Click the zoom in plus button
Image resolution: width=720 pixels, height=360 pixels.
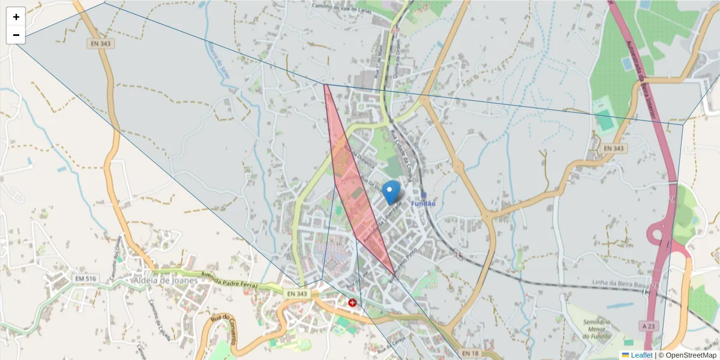(16, 17)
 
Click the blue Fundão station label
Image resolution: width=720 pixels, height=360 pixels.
(423, 204)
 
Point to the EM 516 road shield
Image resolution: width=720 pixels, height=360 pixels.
(86, 279)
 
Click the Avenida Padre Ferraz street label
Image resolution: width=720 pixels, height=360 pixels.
(230, 280)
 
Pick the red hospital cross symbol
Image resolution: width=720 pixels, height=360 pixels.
(352, 302)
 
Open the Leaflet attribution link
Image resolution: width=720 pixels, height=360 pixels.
(641, 355)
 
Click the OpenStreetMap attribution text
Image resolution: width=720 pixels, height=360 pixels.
(691, 355)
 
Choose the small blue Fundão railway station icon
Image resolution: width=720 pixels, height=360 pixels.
(424, 195)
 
